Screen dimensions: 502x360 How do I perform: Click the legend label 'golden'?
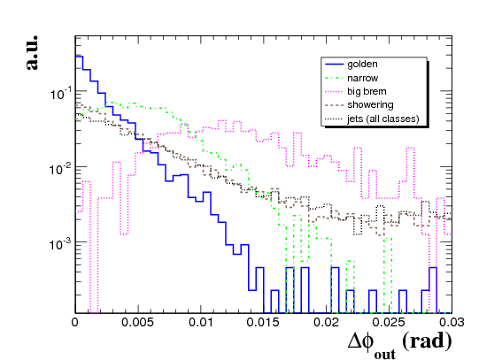click(362, 65)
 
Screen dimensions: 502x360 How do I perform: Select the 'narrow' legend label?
click(362, 78)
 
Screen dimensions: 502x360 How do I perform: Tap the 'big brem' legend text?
click(367, 91)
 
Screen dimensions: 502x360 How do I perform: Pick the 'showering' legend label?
click(370, 105)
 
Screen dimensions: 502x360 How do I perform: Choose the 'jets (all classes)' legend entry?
click(382, 119)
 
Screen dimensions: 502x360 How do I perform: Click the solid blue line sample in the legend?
click(334, 65)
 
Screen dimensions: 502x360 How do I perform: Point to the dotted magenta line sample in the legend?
click(334, 92)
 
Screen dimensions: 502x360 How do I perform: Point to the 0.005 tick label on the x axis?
click(137, 322)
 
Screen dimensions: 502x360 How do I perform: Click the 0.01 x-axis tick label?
click(201, 322)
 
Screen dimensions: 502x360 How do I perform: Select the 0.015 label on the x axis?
click(263, 322)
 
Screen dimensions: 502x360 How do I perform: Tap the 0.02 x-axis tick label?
click(326, 322)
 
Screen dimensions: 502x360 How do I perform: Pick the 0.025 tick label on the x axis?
click(389, 322)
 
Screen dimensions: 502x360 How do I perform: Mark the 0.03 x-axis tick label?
click(452, 322)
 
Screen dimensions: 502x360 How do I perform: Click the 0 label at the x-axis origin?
click(75, 322)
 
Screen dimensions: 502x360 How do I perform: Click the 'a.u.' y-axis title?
click(32, 53)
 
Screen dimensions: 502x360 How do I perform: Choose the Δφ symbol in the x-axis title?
click(360, 341)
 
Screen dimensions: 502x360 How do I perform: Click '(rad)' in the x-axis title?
click(427, 341)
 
